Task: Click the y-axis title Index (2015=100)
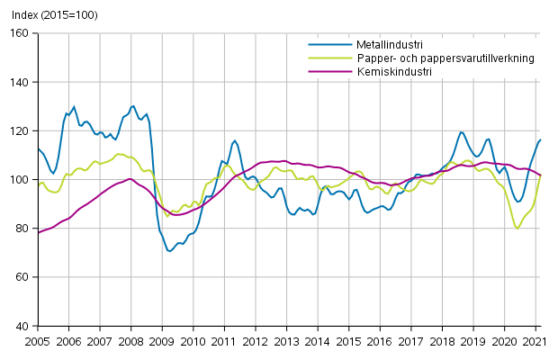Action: [x=49, y=15]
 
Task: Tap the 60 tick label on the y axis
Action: [x=22, y=277]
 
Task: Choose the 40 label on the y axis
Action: [x=22, y=326]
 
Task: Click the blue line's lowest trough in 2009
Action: [x=169, y=251]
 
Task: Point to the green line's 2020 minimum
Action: [x=517, y=229]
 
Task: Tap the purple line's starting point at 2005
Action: [x=38, y=233]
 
